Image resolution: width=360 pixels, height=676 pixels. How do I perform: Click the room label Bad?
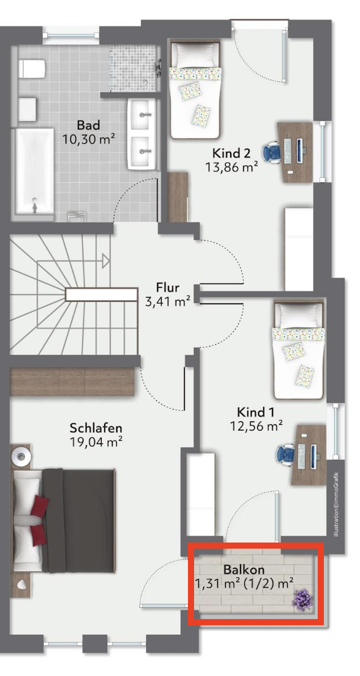coord(88,126)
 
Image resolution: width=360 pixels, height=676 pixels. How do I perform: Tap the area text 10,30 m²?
coord(89,139)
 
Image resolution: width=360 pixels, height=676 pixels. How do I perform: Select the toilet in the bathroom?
coord(32,69)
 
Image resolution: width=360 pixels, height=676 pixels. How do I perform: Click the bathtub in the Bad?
coord(35,171)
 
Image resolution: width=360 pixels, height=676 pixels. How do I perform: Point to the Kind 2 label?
coord(231,153)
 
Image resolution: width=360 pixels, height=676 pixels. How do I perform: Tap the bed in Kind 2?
coord(196,89)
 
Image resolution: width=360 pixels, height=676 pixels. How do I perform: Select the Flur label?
coord(168,287)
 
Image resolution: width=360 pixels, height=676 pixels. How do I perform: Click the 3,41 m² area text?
coord(168,301)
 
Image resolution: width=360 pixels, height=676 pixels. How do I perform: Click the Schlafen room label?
coord(96,428)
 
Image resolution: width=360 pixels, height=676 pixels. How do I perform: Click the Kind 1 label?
coord(256,411)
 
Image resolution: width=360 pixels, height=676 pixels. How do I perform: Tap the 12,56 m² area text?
coord(256,426)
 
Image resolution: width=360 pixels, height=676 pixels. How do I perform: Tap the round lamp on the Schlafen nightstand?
coord(21,456)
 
